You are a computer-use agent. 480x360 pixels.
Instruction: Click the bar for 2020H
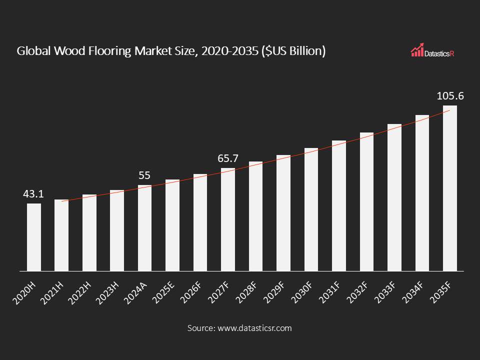click(x=34, y=237)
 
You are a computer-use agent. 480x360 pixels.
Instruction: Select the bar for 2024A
click(x=144, y=228)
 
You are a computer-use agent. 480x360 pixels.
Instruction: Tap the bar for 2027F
click(x=228, y=219)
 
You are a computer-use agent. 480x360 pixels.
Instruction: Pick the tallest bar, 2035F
click(x=449, y=188)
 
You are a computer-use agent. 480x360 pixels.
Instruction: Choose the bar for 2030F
click(x=311, y=209)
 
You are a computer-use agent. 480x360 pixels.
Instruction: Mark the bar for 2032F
click(x=366, y=201)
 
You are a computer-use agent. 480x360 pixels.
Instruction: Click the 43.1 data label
click(x=33, y=194)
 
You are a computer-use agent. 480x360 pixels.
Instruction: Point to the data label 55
click(x=144, y=175)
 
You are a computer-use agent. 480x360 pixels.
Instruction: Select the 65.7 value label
click(x=228, y=158)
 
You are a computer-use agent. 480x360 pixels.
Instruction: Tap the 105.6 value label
click(x=450, y=96)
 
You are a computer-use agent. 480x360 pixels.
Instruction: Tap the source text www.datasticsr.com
click(x=254, y=328)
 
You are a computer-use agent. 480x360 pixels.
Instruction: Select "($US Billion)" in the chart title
click(x=293, y=51)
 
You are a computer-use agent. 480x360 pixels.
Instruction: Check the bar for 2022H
click(x=89, y=232)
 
